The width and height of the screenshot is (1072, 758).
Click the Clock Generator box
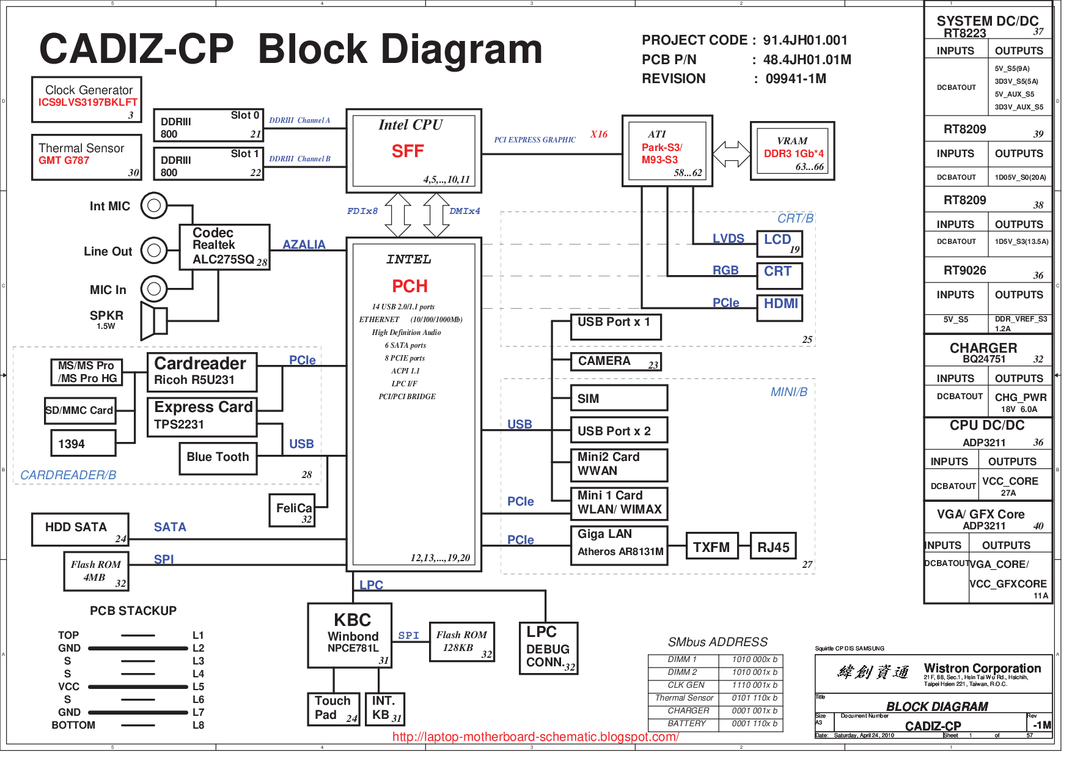87,99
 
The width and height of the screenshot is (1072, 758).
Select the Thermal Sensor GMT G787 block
87,157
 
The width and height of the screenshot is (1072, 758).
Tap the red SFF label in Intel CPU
408,151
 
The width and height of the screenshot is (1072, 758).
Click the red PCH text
409,286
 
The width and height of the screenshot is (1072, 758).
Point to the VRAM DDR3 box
792,151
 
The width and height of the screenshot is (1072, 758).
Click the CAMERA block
615,362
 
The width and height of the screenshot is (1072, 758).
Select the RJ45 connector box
773,546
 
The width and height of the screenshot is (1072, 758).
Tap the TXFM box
711,546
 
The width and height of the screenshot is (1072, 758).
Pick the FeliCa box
292,510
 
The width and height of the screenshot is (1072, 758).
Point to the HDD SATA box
80,529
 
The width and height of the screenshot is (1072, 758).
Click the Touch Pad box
332,708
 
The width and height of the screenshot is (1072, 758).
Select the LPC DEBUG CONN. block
548,648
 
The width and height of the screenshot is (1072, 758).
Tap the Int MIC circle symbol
154,205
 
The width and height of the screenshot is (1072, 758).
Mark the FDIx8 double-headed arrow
398,215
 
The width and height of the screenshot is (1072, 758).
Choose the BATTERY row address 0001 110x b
754,724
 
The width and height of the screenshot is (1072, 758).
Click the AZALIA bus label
304,245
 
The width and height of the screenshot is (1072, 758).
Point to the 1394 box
83,443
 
